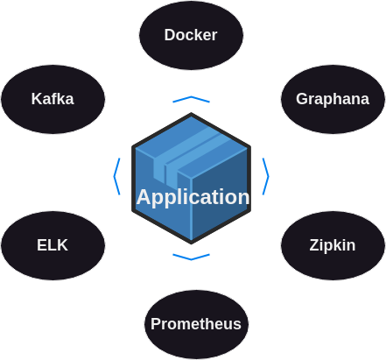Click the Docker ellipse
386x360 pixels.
click(191, 35)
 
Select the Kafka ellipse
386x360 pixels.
click(53, 99)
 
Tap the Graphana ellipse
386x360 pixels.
click(333, 99)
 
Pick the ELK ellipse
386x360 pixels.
click(53, 245)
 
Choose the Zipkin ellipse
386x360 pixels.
click(333, 245)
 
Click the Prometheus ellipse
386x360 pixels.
click(196, 324)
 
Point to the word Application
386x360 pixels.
click(193, 197)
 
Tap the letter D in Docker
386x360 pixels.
click(170, 35)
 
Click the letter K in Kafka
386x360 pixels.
click(38, 99)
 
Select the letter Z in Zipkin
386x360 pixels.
click(315, 245)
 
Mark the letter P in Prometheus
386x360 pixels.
click(156, 324)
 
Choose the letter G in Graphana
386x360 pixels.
click(302, 99)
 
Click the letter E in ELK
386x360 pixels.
click(42, 245)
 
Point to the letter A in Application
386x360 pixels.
click(144, 197)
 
